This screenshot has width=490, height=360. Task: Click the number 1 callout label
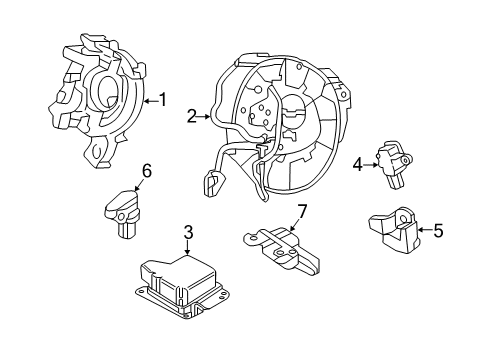161,100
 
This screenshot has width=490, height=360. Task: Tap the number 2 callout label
191,116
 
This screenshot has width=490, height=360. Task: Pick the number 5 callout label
436,230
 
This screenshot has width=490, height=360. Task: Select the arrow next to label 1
148,100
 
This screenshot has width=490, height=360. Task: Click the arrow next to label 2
205,116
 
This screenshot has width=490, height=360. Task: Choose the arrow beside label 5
423,230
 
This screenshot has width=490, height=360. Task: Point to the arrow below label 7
294,227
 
